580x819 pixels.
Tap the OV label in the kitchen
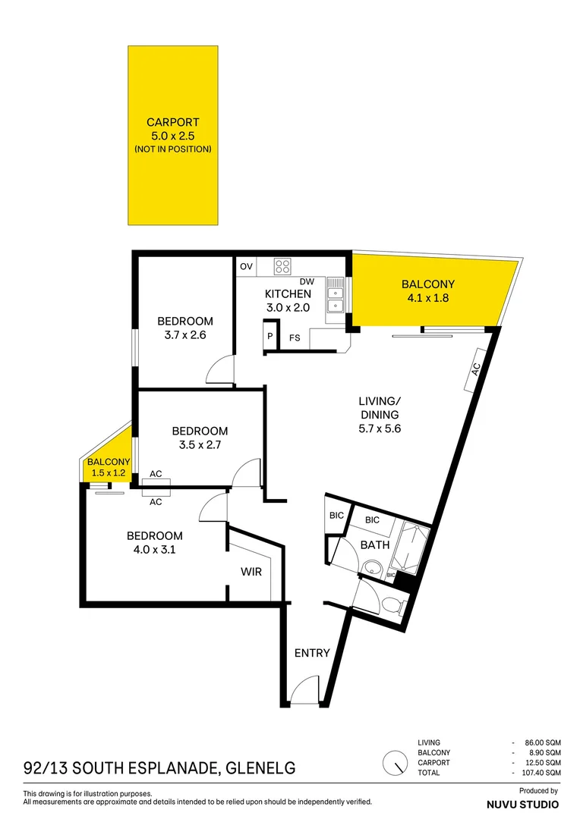(x=246, y=267)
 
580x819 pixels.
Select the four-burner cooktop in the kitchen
(x=283, y=266)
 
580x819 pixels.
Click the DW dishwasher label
(x=307, y=281)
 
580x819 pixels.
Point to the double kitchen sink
(x=335, y=297)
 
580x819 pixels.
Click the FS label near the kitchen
(x=295, y=338)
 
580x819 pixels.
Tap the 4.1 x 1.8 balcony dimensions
(x=429, y=298)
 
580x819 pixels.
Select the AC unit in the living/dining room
(x=476, y=369)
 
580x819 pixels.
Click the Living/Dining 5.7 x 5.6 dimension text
(x=379, y=428)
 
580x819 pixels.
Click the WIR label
(x=251, y=572)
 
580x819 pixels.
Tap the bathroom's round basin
(x=372, y=567)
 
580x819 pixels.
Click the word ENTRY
(x=312, y=653)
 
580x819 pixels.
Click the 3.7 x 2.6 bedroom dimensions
(x=184, y=334)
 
